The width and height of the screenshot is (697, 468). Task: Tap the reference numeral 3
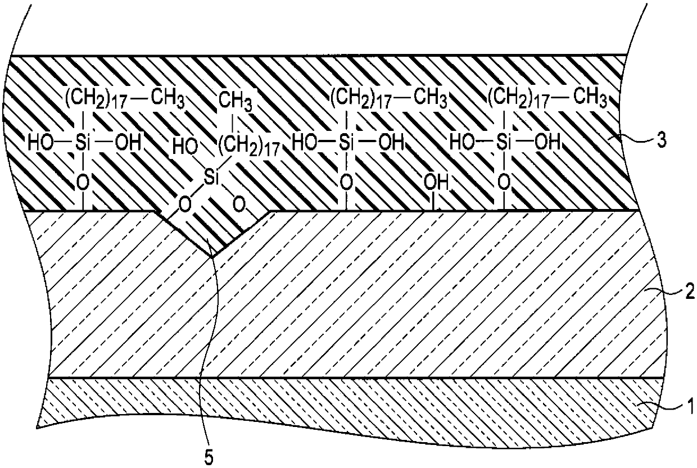coord(661,140)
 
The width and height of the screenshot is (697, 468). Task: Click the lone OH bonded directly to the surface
coord(436,182)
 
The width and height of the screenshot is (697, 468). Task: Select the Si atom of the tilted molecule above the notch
coord(211,179)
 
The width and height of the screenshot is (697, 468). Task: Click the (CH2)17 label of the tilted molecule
coord(248,147)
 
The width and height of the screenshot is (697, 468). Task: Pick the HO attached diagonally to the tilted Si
coord(185,146)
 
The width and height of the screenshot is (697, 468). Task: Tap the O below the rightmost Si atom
coord(504,182)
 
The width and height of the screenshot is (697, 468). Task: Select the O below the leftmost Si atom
coord(83,183)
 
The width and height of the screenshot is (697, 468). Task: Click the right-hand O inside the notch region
coord(239,205)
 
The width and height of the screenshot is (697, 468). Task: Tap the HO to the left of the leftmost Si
coord(40,142)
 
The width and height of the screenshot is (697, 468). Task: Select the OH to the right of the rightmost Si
coord(547,142)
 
